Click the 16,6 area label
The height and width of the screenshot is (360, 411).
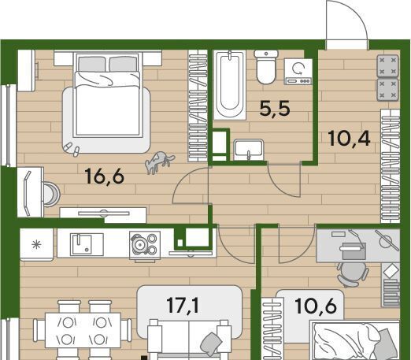tap(105, 176)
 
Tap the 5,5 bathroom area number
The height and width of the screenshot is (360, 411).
tap(275, 108)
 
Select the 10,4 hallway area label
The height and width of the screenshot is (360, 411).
tap(349, 139)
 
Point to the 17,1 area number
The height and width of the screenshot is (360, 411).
tap(183, 305)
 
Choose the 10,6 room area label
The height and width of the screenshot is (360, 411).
tap(316, 306)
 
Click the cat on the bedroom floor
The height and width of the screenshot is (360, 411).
tap(160, 163)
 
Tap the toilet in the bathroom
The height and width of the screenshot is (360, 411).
tap(266, 67)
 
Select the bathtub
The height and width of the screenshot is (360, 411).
tap(230, 84)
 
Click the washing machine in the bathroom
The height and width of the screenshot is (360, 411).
tap(298, 72)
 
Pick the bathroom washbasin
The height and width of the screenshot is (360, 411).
tap(248, 150)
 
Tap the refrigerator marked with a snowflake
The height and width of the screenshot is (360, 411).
tap(36, 244)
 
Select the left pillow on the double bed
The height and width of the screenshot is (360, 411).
tap(92, 65)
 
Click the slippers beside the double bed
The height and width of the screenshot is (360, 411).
tap(72, 149)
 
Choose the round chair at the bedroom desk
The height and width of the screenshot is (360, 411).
tap(52, 195)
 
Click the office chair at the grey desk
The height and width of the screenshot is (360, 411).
tap(353, 273)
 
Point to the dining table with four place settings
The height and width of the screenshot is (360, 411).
tap(83, 330)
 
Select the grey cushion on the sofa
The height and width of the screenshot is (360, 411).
tap(211, 344)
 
